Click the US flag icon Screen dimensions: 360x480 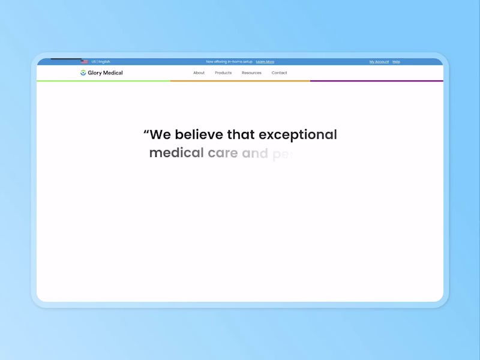coord(85,62)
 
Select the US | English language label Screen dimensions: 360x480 coord(101,62)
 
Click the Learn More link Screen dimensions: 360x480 coord(265,62)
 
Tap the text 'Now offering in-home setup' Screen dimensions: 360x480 coord(229,62)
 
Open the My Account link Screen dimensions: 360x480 coord(379,62)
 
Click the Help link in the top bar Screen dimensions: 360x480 coord(396,62)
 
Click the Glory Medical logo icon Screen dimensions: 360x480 coord(83,73)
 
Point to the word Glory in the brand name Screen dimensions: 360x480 coord(94,73)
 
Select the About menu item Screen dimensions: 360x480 coord(199,73)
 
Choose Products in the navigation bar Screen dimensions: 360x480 coord(223,73)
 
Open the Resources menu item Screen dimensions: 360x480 coord(251,73)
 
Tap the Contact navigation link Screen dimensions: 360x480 coord(279,73)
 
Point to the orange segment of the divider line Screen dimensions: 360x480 coord(240,80)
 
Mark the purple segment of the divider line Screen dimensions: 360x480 coord(376,80)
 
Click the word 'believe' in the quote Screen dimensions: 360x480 coord(199,134)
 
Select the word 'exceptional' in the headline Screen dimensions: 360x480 coord(298,134)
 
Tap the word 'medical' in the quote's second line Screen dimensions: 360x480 coord(176,152)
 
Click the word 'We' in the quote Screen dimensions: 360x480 coord(160,134)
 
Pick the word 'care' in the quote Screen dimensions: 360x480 coord(223,153)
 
